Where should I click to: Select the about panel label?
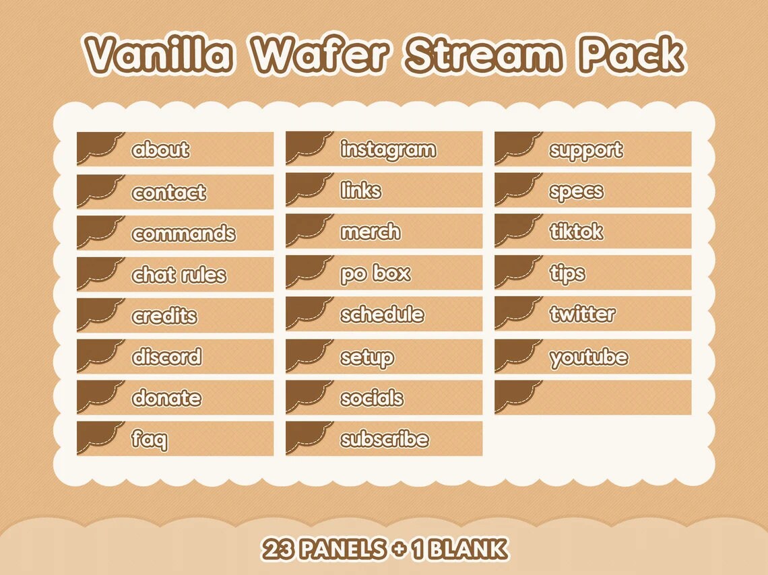(160, 149)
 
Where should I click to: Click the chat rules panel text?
(179, 275)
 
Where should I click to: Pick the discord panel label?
(166, 357)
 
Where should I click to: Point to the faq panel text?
(150, 440)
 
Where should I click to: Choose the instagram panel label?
(388, 149)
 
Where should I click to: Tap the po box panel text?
(375, 273)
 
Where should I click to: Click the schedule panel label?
(382, 314)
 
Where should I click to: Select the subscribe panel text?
(384, 439)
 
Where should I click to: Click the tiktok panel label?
(576, 232)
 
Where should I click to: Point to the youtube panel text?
(589, 357)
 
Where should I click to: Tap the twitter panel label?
(582, 314)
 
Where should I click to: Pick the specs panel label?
(576, 191)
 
